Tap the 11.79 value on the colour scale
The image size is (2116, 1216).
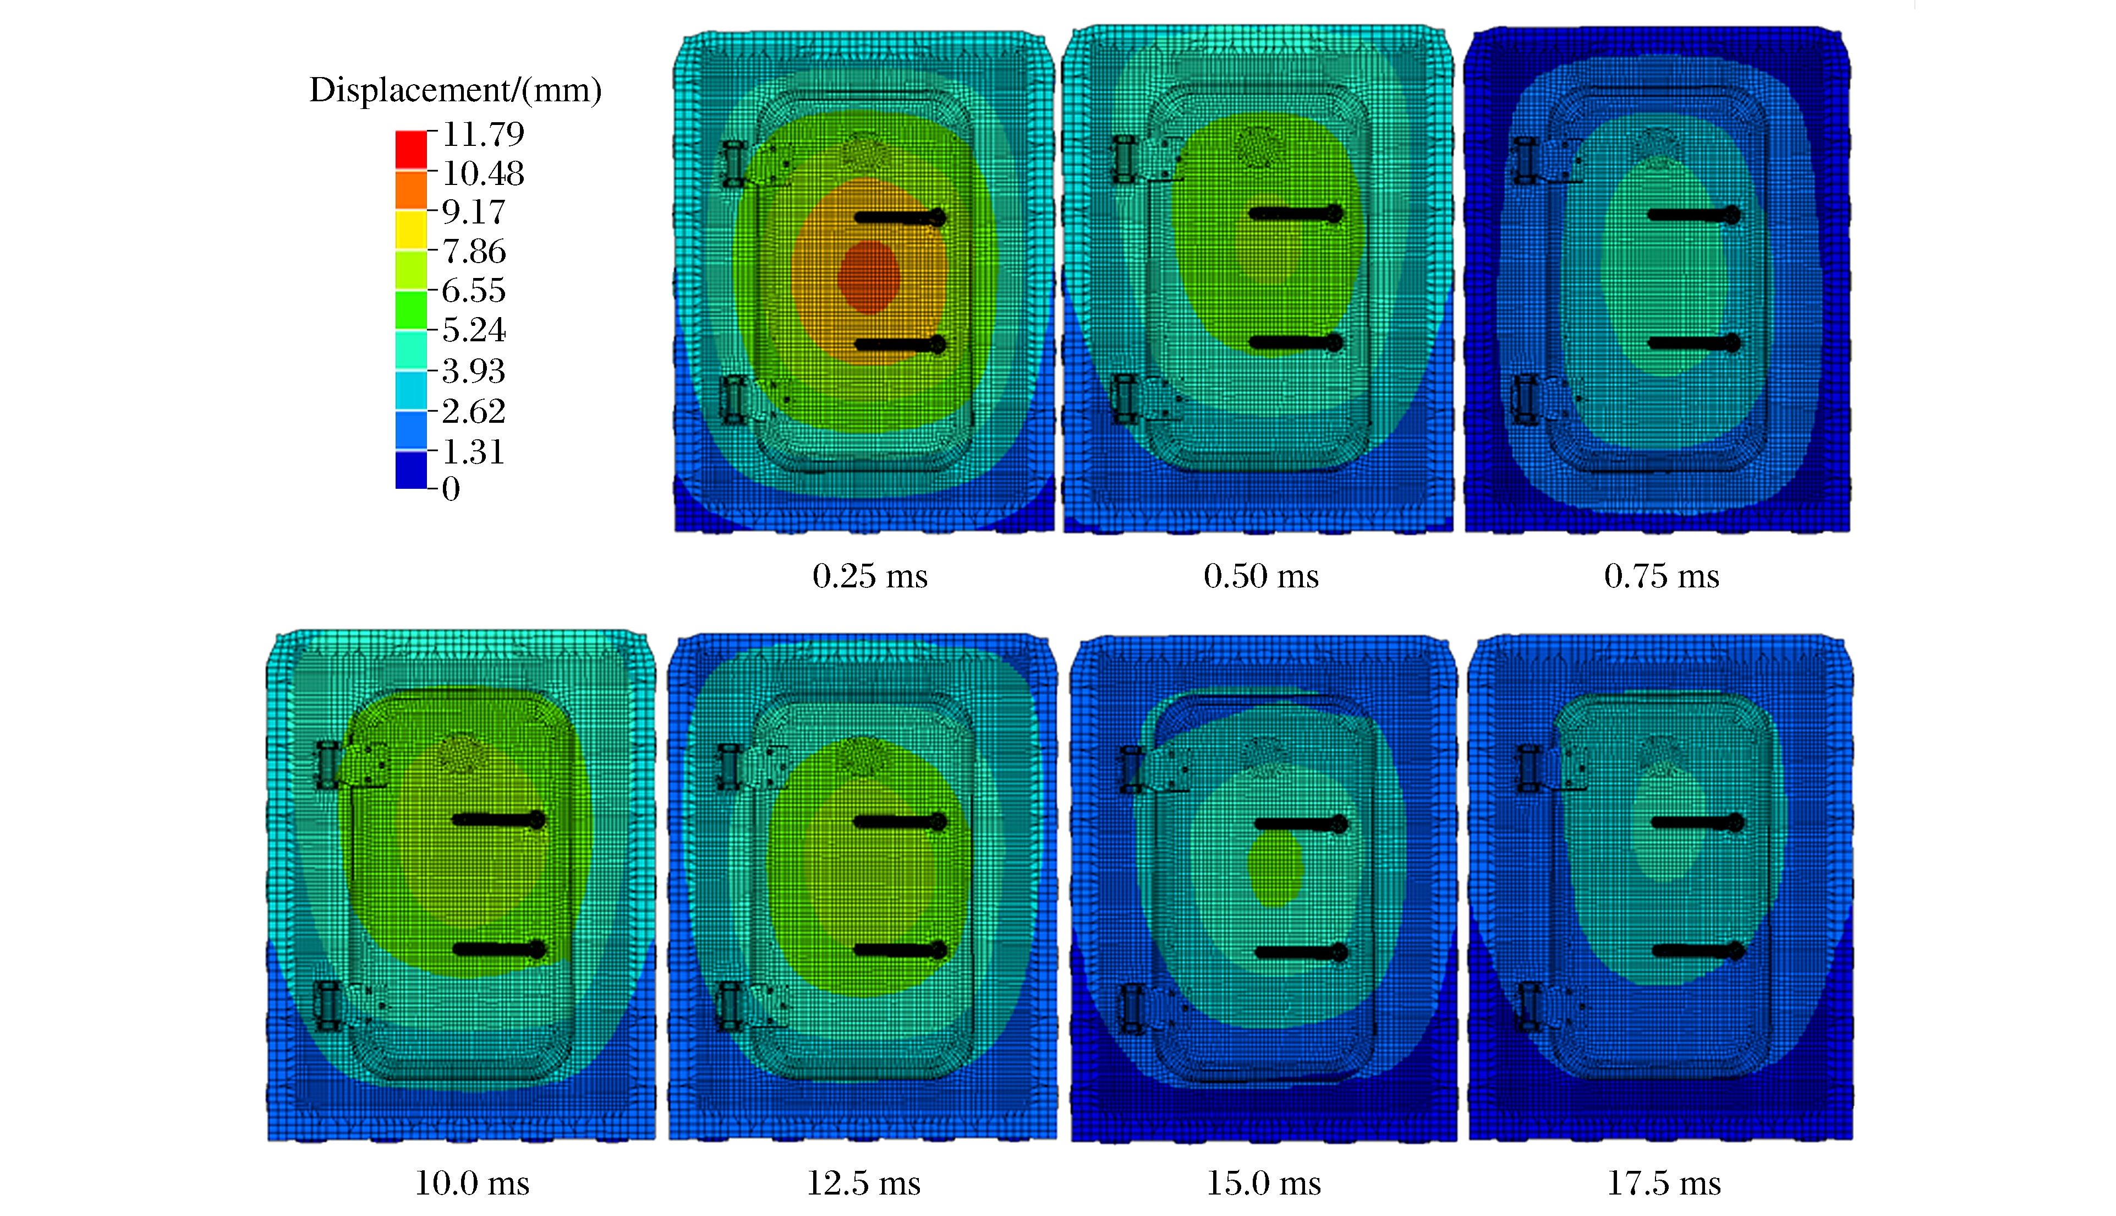click(483, 134)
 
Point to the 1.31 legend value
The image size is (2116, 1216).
click(473, 452)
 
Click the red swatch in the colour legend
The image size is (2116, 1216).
click(410, 150)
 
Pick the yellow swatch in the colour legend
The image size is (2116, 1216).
click(410, 230)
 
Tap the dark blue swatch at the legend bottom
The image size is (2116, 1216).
click(410, 470)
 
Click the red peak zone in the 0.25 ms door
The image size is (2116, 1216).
click(869, 276)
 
